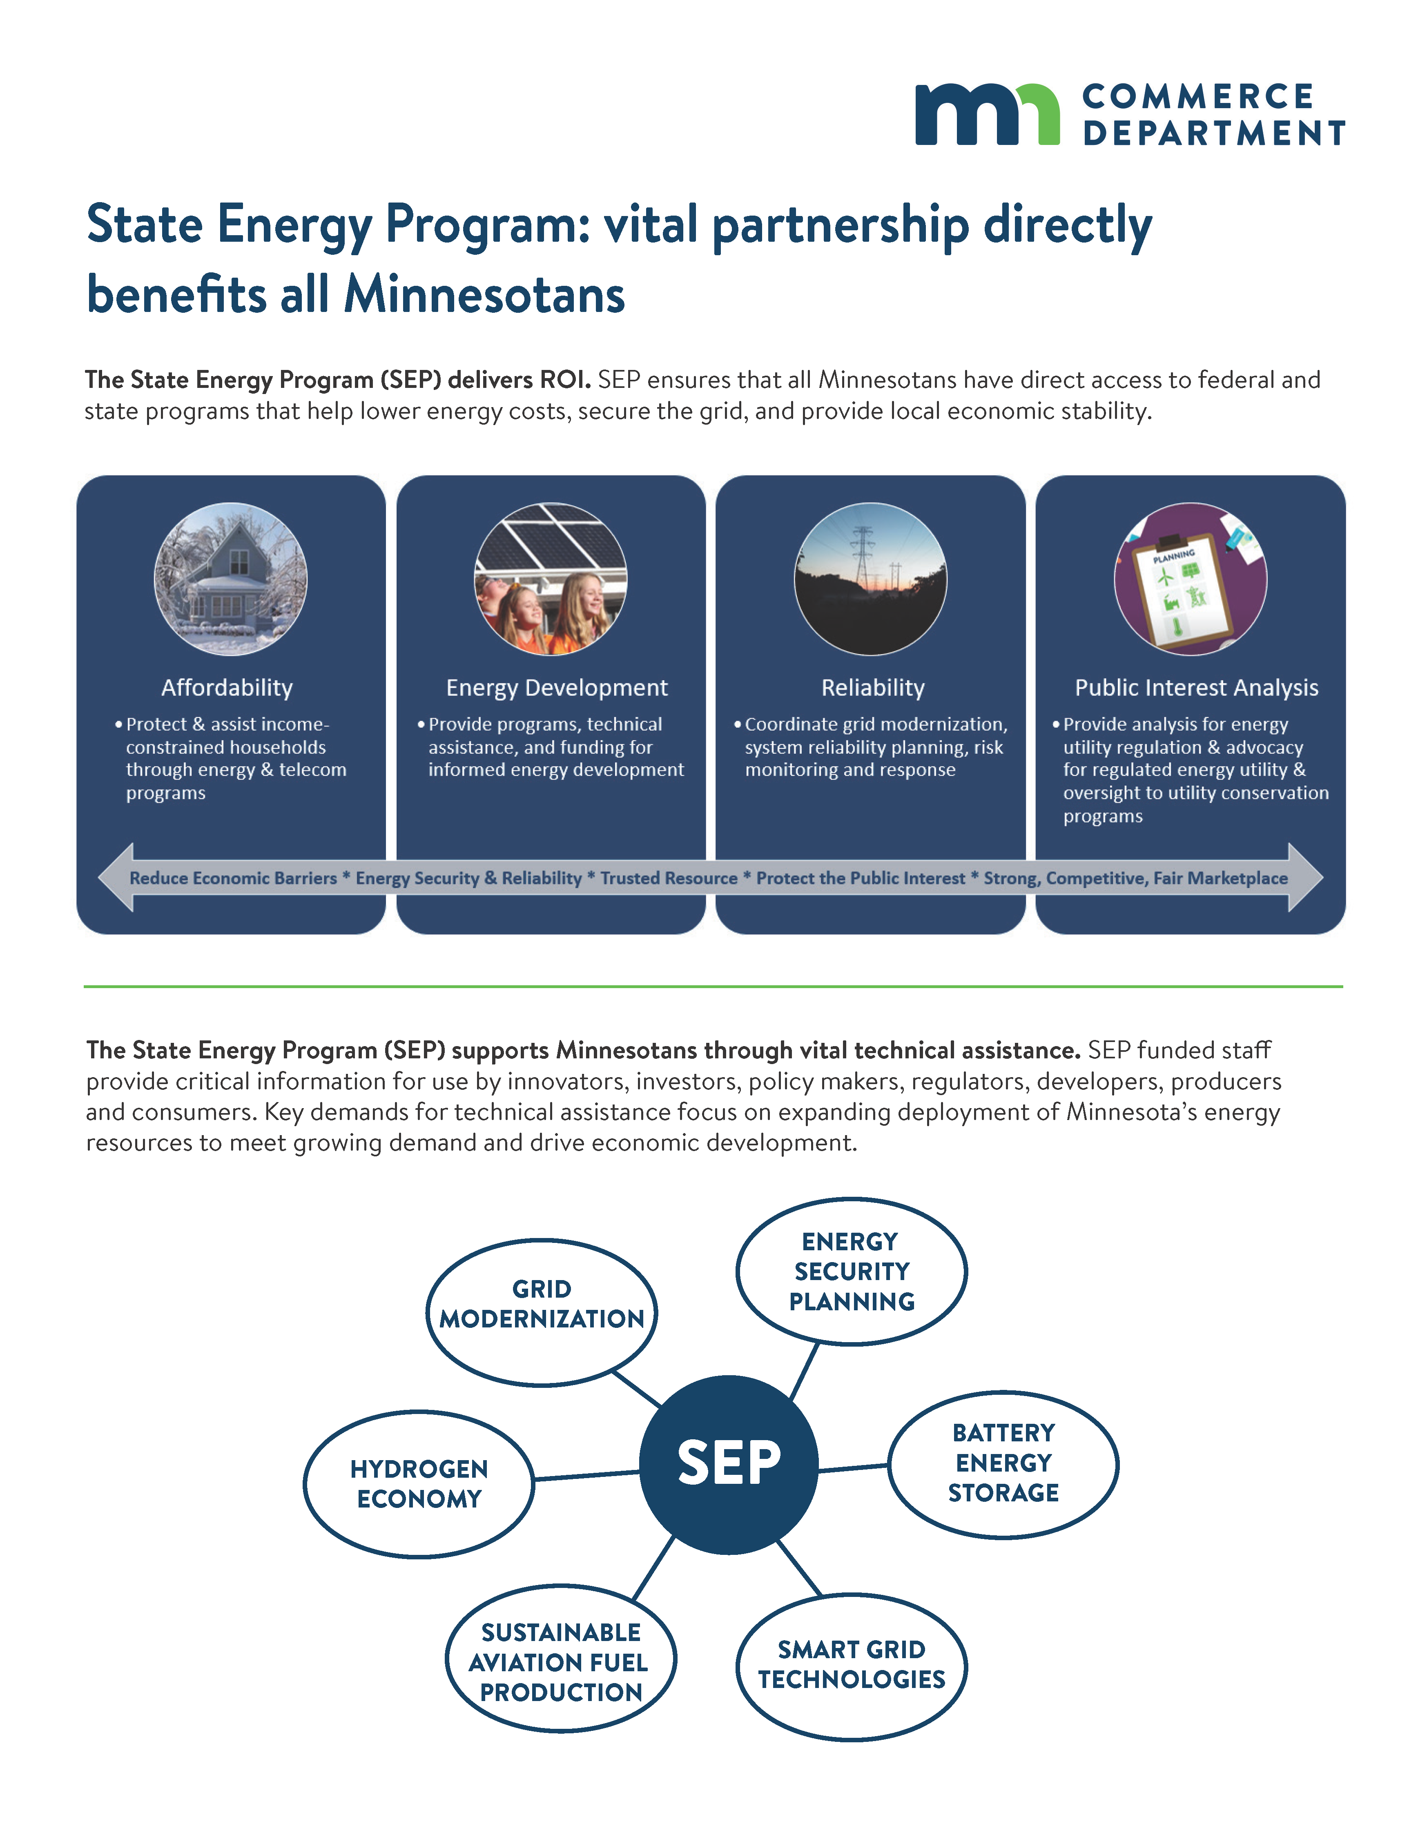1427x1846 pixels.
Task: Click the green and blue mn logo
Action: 987,115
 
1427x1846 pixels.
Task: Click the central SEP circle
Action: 728,1464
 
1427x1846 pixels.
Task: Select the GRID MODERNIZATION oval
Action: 541,1312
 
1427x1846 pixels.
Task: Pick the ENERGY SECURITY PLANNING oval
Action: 851,1270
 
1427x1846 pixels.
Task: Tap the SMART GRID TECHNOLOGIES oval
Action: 851,1665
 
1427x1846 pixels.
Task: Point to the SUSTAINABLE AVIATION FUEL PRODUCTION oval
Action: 560,1661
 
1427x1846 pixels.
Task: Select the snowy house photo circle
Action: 231,579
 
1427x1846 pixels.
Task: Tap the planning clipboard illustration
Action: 1190,579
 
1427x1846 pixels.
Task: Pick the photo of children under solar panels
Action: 551,579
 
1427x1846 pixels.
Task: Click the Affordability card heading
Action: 227,688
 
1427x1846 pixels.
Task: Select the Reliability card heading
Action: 872,688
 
